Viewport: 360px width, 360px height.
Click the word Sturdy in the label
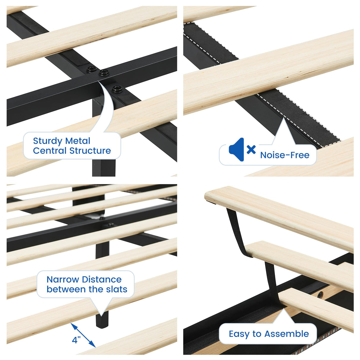pyautogui.click(x=47, y=141)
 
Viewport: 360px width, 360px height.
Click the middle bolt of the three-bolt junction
pyautogui.click(x=103, y=72)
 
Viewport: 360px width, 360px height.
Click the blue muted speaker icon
pyautogui.click(x=237, y=149)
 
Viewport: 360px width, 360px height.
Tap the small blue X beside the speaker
pyautogui.click(x=251, y=149)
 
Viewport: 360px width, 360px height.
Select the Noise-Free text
pyautogui.click(x=285, y=155)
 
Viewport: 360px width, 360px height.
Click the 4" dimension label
pyautogui.click(x=76, y=340)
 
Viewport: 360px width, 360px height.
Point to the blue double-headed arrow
pyautogui.click(x=83, y=335)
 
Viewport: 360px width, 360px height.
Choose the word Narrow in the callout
pyautogui.click(x=63, y=279)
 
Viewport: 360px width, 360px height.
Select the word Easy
pyautogui.click(x=239, y=334)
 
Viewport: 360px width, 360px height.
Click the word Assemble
pyautogui.click(x=287, y=334)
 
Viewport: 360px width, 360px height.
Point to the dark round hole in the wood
pyautogui.click(x=320, y=295)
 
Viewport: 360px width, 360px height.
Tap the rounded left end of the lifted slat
pyautogui.click(x=208, y=196)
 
